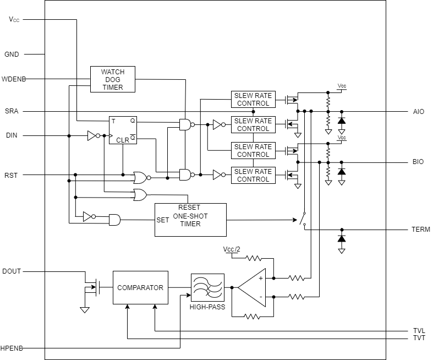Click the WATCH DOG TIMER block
pos(113,79)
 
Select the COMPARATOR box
pos(140,287)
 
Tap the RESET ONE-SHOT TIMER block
pos(190,220)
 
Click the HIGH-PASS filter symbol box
pos(207,287)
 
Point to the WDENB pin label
pos(14,79)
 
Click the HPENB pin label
pos(12,348)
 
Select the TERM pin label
pos(420,230)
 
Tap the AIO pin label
pos(419,112)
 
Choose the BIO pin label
pos(418,162)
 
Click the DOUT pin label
pos(12,271)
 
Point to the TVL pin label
pos(419,331)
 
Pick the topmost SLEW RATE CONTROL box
pos(253,100)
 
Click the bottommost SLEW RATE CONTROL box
pos(253,175)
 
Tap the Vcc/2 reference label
pos(232,249)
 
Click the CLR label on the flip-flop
pos(123,140)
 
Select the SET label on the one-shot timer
pos(163,220)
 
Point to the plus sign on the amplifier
pos(261,279)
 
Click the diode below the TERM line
pos(342,239)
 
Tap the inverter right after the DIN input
pos(94,135)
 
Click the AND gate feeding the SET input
pos(114,220)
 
